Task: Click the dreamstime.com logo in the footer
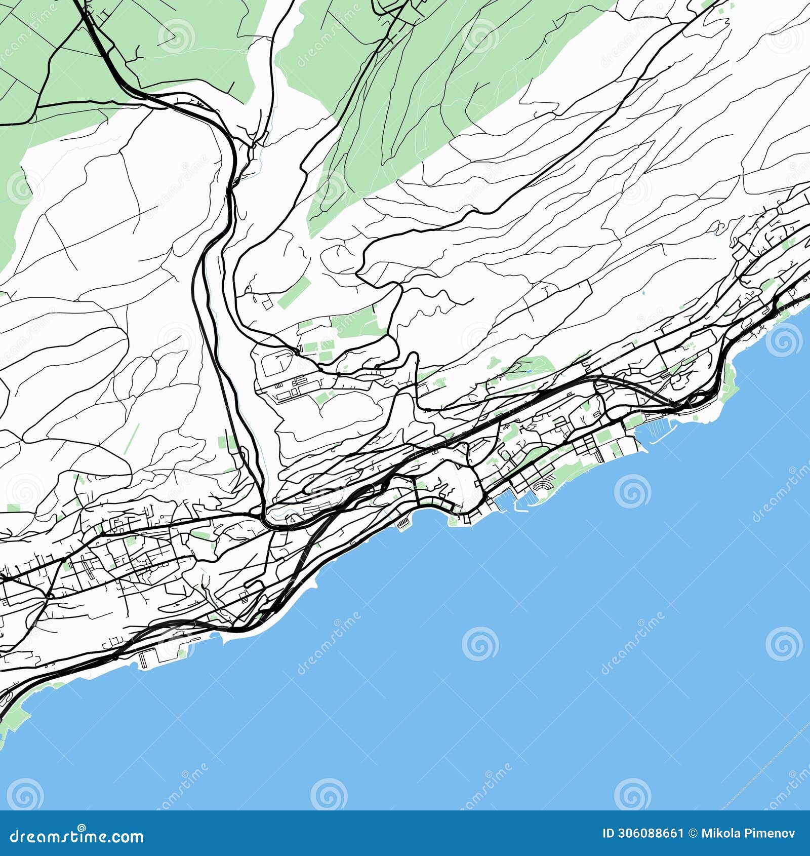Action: [x=77, y=836]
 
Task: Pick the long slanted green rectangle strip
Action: [x=294, y=293]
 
